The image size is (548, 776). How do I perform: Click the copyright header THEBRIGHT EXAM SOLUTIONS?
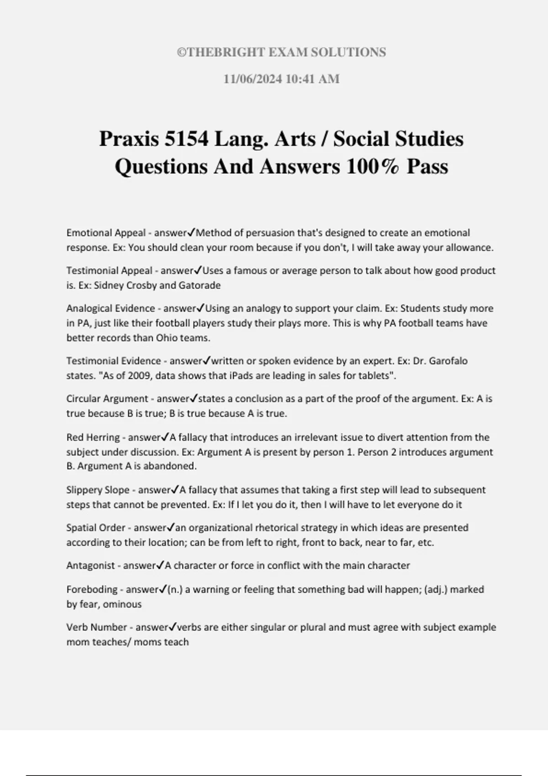[281, 52]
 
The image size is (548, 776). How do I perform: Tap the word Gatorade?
[200, 285]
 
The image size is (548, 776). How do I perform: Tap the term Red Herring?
[93, 437]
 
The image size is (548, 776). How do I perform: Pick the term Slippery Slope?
[98, 490]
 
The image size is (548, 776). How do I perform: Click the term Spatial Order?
[95, 528]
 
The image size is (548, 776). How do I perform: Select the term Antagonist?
[90, 566]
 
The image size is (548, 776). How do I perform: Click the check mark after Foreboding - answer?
[163, 589]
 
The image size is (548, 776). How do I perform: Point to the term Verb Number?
[96, 627]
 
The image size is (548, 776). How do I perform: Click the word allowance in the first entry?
[470, 248]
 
